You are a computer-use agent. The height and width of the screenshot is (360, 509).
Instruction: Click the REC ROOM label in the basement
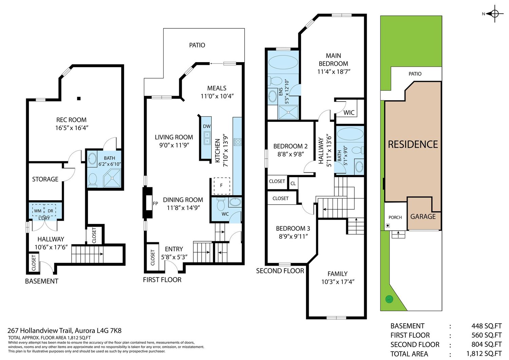pyautogui.click(x=71, y=120)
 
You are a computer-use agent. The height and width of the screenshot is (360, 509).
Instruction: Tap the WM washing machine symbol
pyautogui.click(x=38, y=211)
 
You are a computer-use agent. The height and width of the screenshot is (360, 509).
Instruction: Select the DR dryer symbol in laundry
pyautogui.click(x=50, y=211)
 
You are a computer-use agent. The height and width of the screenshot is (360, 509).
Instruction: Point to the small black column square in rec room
pyautogui.click(x=79, y=98)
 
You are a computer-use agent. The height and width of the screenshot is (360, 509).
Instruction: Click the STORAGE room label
pyautogui.click(x=45, y=179)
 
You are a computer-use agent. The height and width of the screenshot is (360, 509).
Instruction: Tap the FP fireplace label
pyautogui.click(x=155, y=204)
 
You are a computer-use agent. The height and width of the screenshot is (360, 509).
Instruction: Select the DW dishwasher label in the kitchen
pyautogui.click(x=207, y=126)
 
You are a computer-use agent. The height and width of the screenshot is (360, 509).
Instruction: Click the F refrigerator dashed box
pyautogui.click(x=222, y=186)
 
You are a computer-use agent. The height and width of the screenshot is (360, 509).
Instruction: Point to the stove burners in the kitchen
pyautogui.click(x=238, y=142)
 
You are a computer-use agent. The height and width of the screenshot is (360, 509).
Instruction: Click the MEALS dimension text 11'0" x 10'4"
pyautogui.click(x=217, y=96)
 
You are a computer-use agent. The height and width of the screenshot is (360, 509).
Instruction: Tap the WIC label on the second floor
pyautogui.click(x=349, y=113)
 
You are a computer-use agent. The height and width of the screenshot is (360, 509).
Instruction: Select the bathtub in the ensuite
pyautogui.click(x=283, y=62)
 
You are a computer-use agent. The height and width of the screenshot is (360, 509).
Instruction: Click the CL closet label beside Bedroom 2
pyautogui.click(x=293, y=184)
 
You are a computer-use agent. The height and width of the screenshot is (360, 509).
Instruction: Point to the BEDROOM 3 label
pyautogui.click(x=293, y=228)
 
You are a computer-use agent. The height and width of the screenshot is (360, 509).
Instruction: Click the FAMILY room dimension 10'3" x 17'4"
pyautogui.click(x=338, y=282)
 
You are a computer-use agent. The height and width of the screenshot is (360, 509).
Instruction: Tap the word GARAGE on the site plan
pyautogui.click(x=423, y=216)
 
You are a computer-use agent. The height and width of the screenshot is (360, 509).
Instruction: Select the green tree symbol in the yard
pyautogui.click(x=389, y=299)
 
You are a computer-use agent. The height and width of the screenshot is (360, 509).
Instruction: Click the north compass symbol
pyautogui.click(x=495, y=14)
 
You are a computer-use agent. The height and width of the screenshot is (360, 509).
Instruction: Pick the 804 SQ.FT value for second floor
pyautogui.click(x=486, y=344)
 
